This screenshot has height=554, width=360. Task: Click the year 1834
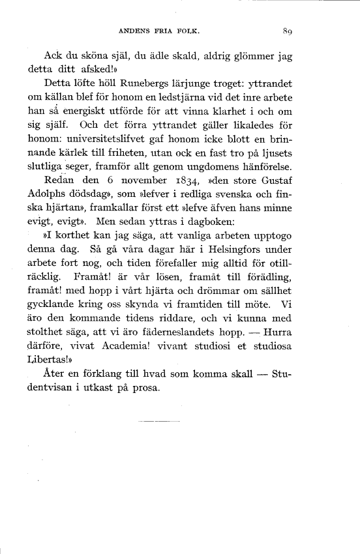coord(189,179)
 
